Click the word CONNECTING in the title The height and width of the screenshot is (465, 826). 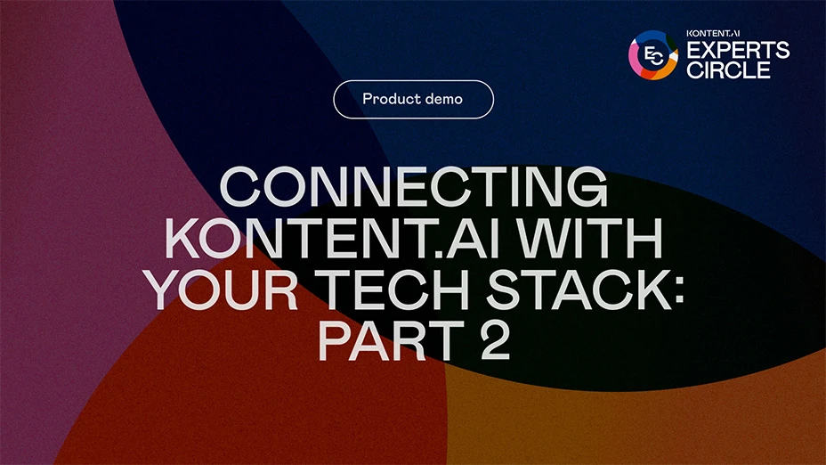pos(414,186)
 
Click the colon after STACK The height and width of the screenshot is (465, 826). pos(678,292)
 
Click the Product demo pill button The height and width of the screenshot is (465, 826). pos(414,99)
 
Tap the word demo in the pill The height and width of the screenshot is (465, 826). pos(444,99)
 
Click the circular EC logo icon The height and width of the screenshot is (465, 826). pos(653,55)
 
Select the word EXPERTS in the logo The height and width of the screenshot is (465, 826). pos(738,50)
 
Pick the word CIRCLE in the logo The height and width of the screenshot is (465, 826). pos(729,69)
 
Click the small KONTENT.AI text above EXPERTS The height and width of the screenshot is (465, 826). pos(713,33)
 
